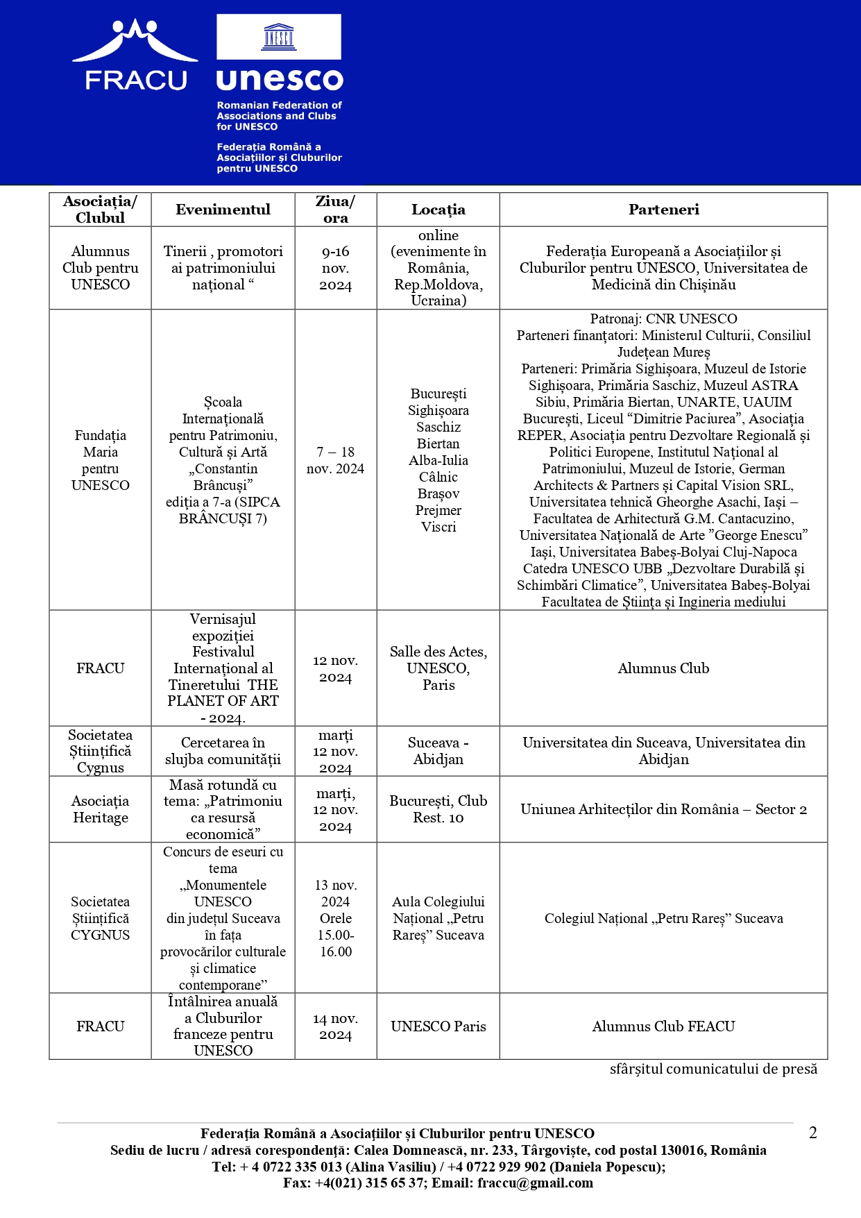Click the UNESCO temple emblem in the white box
point(279,37)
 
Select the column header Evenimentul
point(223,210)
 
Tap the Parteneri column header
point(663,210)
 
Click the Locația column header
point(438,210)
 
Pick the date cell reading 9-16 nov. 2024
point(335,268)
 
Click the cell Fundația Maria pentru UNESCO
point(101,460)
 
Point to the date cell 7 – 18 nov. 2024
point(335,460)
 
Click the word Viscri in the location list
point(438,527)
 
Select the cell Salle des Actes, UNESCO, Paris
point(438,668)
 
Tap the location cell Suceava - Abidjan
point(438,751)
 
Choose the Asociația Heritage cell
point(101,809)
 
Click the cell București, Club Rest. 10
point(438,809)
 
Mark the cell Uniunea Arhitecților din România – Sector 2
point(663,809)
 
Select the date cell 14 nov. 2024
point(335,1026)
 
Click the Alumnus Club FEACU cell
point(663,1026)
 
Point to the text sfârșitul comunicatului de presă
point(713,1069)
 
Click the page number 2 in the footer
point(813,1133)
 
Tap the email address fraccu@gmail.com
point(535,1183)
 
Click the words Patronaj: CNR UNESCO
point(663,319)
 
